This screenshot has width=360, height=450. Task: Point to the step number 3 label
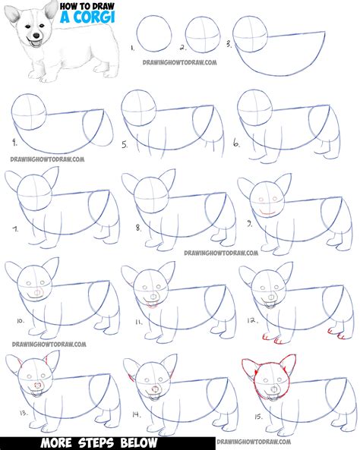point(230,45)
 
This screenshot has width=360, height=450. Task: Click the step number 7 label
point(14,228)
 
